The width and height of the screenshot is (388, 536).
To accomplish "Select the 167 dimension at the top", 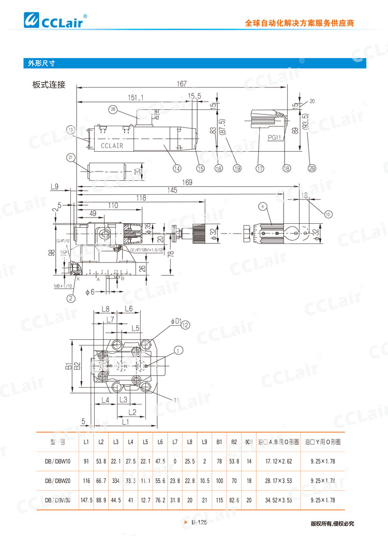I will click(x=182, y=84).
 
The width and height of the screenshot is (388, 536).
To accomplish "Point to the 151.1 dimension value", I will click(x=136, y=97).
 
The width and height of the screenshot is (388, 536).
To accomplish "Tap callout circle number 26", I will click(x=113, y=109).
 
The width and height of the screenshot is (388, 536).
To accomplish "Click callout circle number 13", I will click(x=71, y=129).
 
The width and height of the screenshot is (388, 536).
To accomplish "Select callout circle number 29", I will click(x=311, y=168).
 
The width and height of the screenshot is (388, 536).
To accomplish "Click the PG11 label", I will click(x=275, y=138).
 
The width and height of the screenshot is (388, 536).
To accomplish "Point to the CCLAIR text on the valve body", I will click(x=112, y=146).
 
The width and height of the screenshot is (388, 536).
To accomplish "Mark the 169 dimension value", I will click(x=187, y=182).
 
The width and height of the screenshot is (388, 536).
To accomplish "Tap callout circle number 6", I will click(x=263, y=207).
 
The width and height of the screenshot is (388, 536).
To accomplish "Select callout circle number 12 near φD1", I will click(x=185, y=324).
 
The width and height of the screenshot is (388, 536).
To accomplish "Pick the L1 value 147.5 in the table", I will click(x=86, y=500).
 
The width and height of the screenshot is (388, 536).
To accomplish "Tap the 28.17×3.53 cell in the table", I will click(x=278, y=481).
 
